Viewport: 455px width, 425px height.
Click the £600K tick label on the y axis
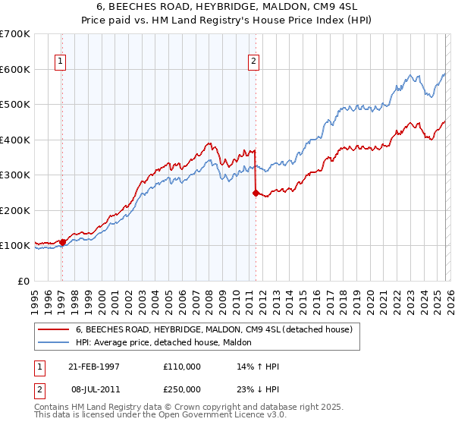coord(15,69)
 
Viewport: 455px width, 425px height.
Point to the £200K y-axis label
coord(15,210)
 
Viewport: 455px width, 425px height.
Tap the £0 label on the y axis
coord(24,281)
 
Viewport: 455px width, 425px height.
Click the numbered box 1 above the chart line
coord(60,62)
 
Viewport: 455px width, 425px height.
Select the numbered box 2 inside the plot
coord(253,62)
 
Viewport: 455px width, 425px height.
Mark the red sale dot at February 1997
coord(62,242)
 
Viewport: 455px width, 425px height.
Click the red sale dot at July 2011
coord(255,193)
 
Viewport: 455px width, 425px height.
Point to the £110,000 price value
coord(182,366)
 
